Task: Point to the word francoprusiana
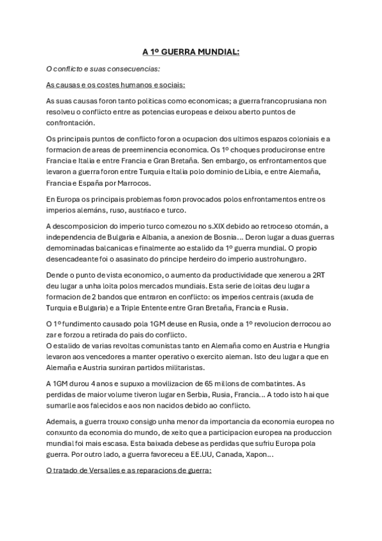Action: (x=274, y=101)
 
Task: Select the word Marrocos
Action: (x=133, y=183)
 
